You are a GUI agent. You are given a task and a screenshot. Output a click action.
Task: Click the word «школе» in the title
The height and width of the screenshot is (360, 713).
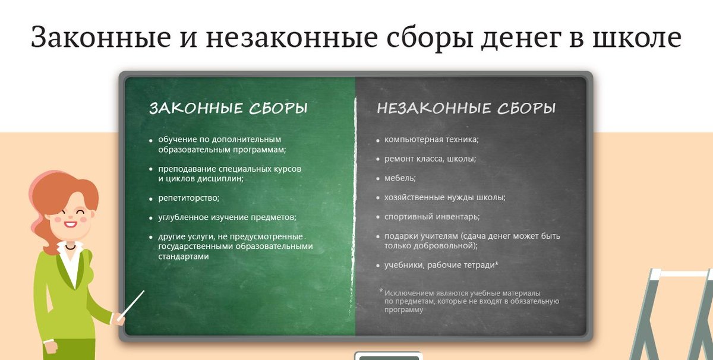coord(636,37)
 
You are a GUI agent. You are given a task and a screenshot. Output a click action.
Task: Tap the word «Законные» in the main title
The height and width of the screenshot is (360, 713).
coord(100,37)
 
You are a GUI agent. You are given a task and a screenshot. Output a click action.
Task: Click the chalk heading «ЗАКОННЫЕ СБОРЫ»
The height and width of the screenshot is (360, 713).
coord(229,108)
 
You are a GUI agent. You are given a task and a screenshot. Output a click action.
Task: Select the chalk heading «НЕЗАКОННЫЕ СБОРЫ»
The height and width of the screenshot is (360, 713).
coord(466,108)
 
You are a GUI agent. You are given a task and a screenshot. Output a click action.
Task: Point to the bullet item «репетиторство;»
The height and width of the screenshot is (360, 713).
coord(189,198)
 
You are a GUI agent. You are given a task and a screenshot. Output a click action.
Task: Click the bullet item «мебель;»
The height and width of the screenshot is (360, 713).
coord(400,178)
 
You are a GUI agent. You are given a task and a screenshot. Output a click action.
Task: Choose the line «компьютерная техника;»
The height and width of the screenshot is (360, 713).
coord(431,140)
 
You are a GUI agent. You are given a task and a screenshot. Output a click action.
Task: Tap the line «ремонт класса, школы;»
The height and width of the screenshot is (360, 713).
coord(430,159)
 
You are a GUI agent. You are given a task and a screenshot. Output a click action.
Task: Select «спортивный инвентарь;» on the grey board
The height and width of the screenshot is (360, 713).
coord(432,217)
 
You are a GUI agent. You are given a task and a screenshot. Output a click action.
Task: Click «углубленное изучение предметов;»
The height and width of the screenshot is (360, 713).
coord(227,217)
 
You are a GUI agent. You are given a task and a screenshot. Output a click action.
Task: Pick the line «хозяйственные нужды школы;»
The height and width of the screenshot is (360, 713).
coord(445,197)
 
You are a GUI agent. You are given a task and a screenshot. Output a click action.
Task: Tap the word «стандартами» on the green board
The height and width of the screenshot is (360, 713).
coord(184,257)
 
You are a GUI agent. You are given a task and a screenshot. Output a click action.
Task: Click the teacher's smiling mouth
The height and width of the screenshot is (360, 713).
coord(70,225)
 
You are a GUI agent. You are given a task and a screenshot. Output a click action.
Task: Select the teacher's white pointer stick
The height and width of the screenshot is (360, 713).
coord(131,306)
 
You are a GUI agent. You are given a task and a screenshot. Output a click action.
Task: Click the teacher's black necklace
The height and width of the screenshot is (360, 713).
coord(70,247)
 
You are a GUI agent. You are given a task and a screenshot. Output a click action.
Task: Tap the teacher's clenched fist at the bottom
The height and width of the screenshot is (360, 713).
coord(51,347)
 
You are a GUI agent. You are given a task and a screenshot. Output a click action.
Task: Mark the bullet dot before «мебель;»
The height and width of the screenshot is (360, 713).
coord(378,179)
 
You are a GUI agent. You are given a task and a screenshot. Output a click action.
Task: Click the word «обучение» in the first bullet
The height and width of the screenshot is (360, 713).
coord(177,140)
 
